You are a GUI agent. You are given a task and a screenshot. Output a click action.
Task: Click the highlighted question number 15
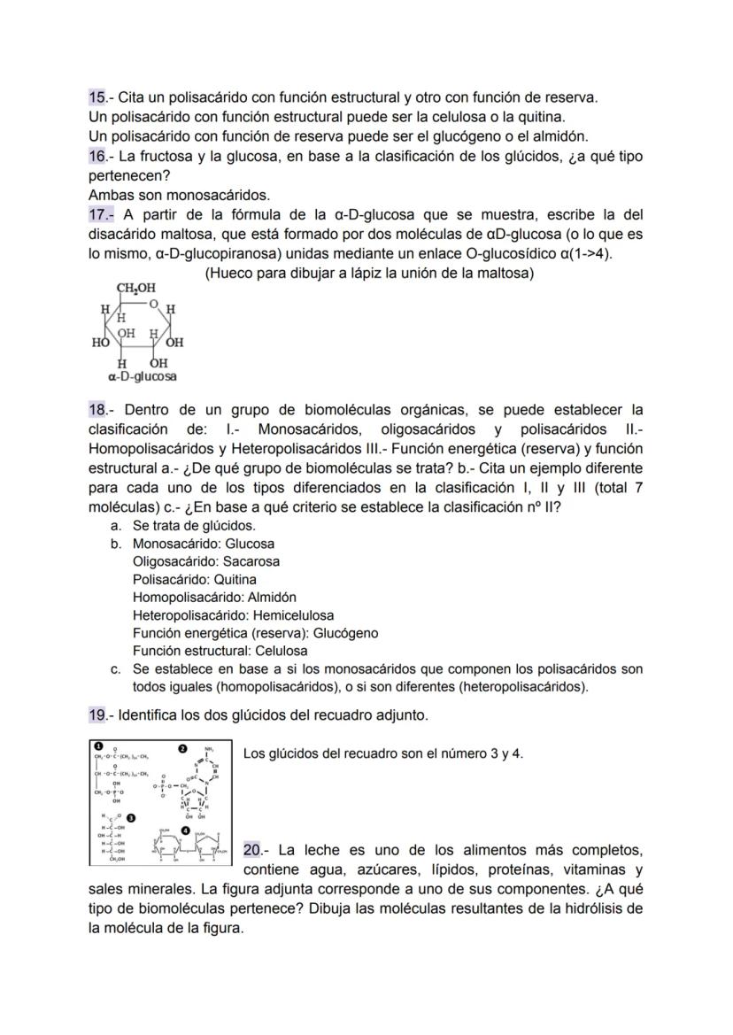pos(97,97)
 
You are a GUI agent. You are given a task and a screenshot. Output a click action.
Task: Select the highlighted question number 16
pos(97,155)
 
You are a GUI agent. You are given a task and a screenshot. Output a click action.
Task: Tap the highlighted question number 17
pos(97,214)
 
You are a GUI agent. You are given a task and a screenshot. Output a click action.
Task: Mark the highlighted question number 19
pos(97,714)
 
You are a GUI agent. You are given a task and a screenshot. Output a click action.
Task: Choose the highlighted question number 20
pos(252,850)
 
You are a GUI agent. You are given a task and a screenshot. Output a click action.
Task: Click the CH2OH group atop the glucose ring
pos(135,289)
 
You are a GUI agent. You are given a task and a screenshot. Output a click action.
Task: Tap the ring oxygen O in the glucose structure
pos(153,304)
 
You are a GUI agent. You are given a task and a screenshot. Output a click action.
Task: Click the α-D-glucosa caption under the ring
pos(142,376)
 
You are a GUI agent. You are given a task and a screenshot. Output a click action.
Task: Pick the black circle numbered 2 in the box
pos(183,749)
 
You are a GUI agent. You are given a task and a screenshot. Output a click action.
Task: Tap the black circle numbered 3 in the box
pos(131,816)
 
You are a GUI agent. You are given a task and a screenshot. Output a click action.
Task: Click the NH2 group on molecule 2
pos(209,749)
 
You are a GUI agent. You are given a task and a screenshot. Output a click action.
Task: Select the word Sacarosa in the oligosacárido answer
pos(251,561)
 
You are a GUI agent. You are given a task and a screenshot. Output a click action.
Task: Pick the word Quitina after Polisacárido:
pos(235,579)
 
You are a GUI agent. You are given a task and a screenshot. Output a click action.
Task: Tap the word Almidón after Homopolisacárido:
pos(269,597)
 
